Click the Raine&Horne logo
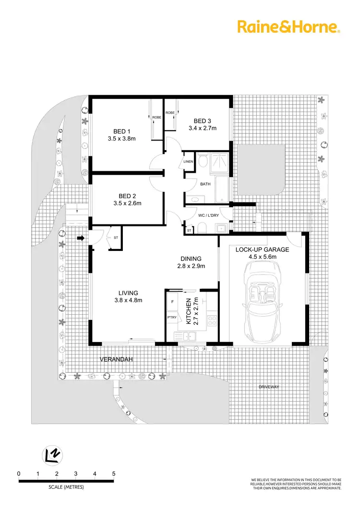pos(288,27)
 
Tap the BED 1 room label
pos(122,131)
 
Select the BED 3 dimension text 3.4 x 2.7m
pos(202,128)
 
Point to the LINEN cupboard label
pos(188,162)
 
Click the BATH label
pos(205,184)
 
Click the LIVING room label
pos(128,293)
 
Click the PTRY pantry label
pos(171,318)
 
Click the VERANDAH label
pos(116,359)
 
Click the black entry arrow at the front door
pos(80,237)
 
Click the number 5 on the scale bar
pos(114,473)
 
